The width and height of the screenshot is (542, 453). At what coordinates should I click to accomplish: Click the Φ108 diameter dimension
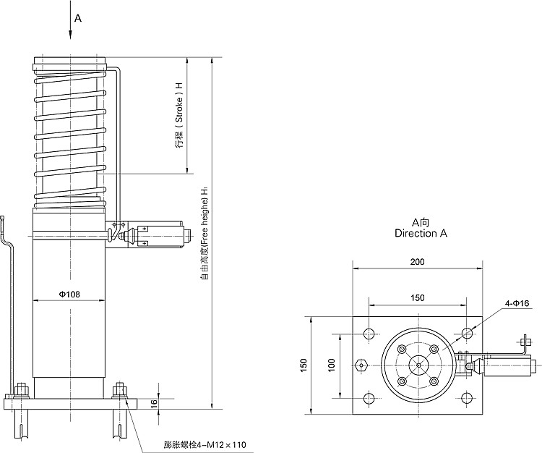coord(69,294)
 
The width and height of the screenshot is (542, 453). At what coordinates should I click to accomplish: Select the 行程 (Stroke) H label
coord(178,115)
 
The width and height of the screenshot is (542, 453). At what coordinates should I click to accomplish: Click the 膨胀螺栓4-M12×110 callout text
coord(200,444)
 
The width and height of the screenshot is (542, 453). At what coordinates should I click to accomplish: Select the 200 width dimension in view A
coord(417,262)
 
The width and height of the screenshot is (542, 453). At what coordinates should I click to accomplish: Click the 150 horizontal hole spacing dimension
coord(417,297)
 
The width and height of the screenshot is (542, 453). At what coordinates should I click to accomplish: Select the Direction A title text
coord(421,234)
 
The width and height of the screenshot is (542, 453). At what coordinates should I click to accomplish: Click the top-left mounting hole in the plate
coord(369,334)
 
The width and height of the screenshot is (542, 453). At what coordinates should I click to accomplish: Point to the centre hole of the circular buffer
coord(418,365)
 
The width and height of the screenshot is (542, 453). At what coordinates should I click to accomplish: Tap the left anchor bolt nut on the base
coord(21,390)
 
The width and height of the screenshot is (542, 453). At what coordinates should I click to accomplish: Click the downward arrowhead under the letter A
coord(70,35)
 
